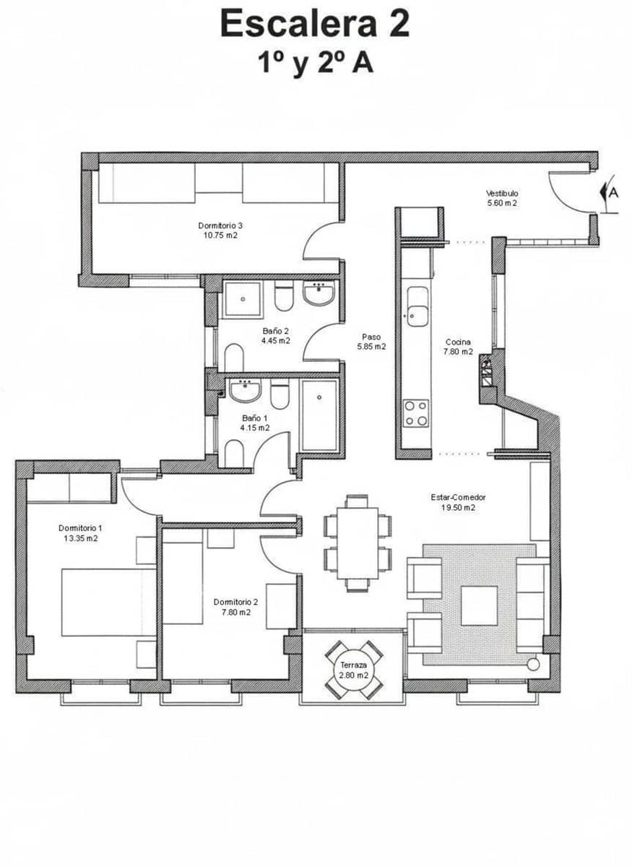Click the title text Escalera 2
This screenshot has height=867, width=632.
click(315, 23)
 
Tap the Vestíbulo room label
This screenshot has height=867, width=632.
click(501, 193)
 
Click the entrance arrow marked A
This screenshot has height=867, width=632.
click(608, 193)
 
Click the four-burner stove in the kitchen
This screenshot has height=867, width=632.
click(416, 413)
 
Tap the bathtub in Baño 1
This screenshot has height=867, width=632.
click(319, 415)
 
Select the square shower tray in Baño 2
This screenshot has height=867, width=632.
click(242, 299)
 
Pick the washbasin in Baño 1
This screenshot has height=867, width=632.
click(245, 391)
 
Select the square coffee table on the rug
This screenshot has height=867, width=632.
click(479, 605)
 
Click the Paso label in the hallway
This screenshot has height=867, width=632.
click(371, 337)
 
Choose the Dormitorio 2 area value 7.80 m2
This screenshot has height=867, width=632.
click(235, 612)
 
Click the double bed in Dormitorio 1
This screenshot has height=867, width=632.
click(108, 603)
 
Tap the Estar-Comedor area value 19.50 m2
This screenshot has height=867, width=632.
click(458, 508)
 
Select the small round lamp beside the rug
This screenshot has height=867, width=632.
click(534, 664)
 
